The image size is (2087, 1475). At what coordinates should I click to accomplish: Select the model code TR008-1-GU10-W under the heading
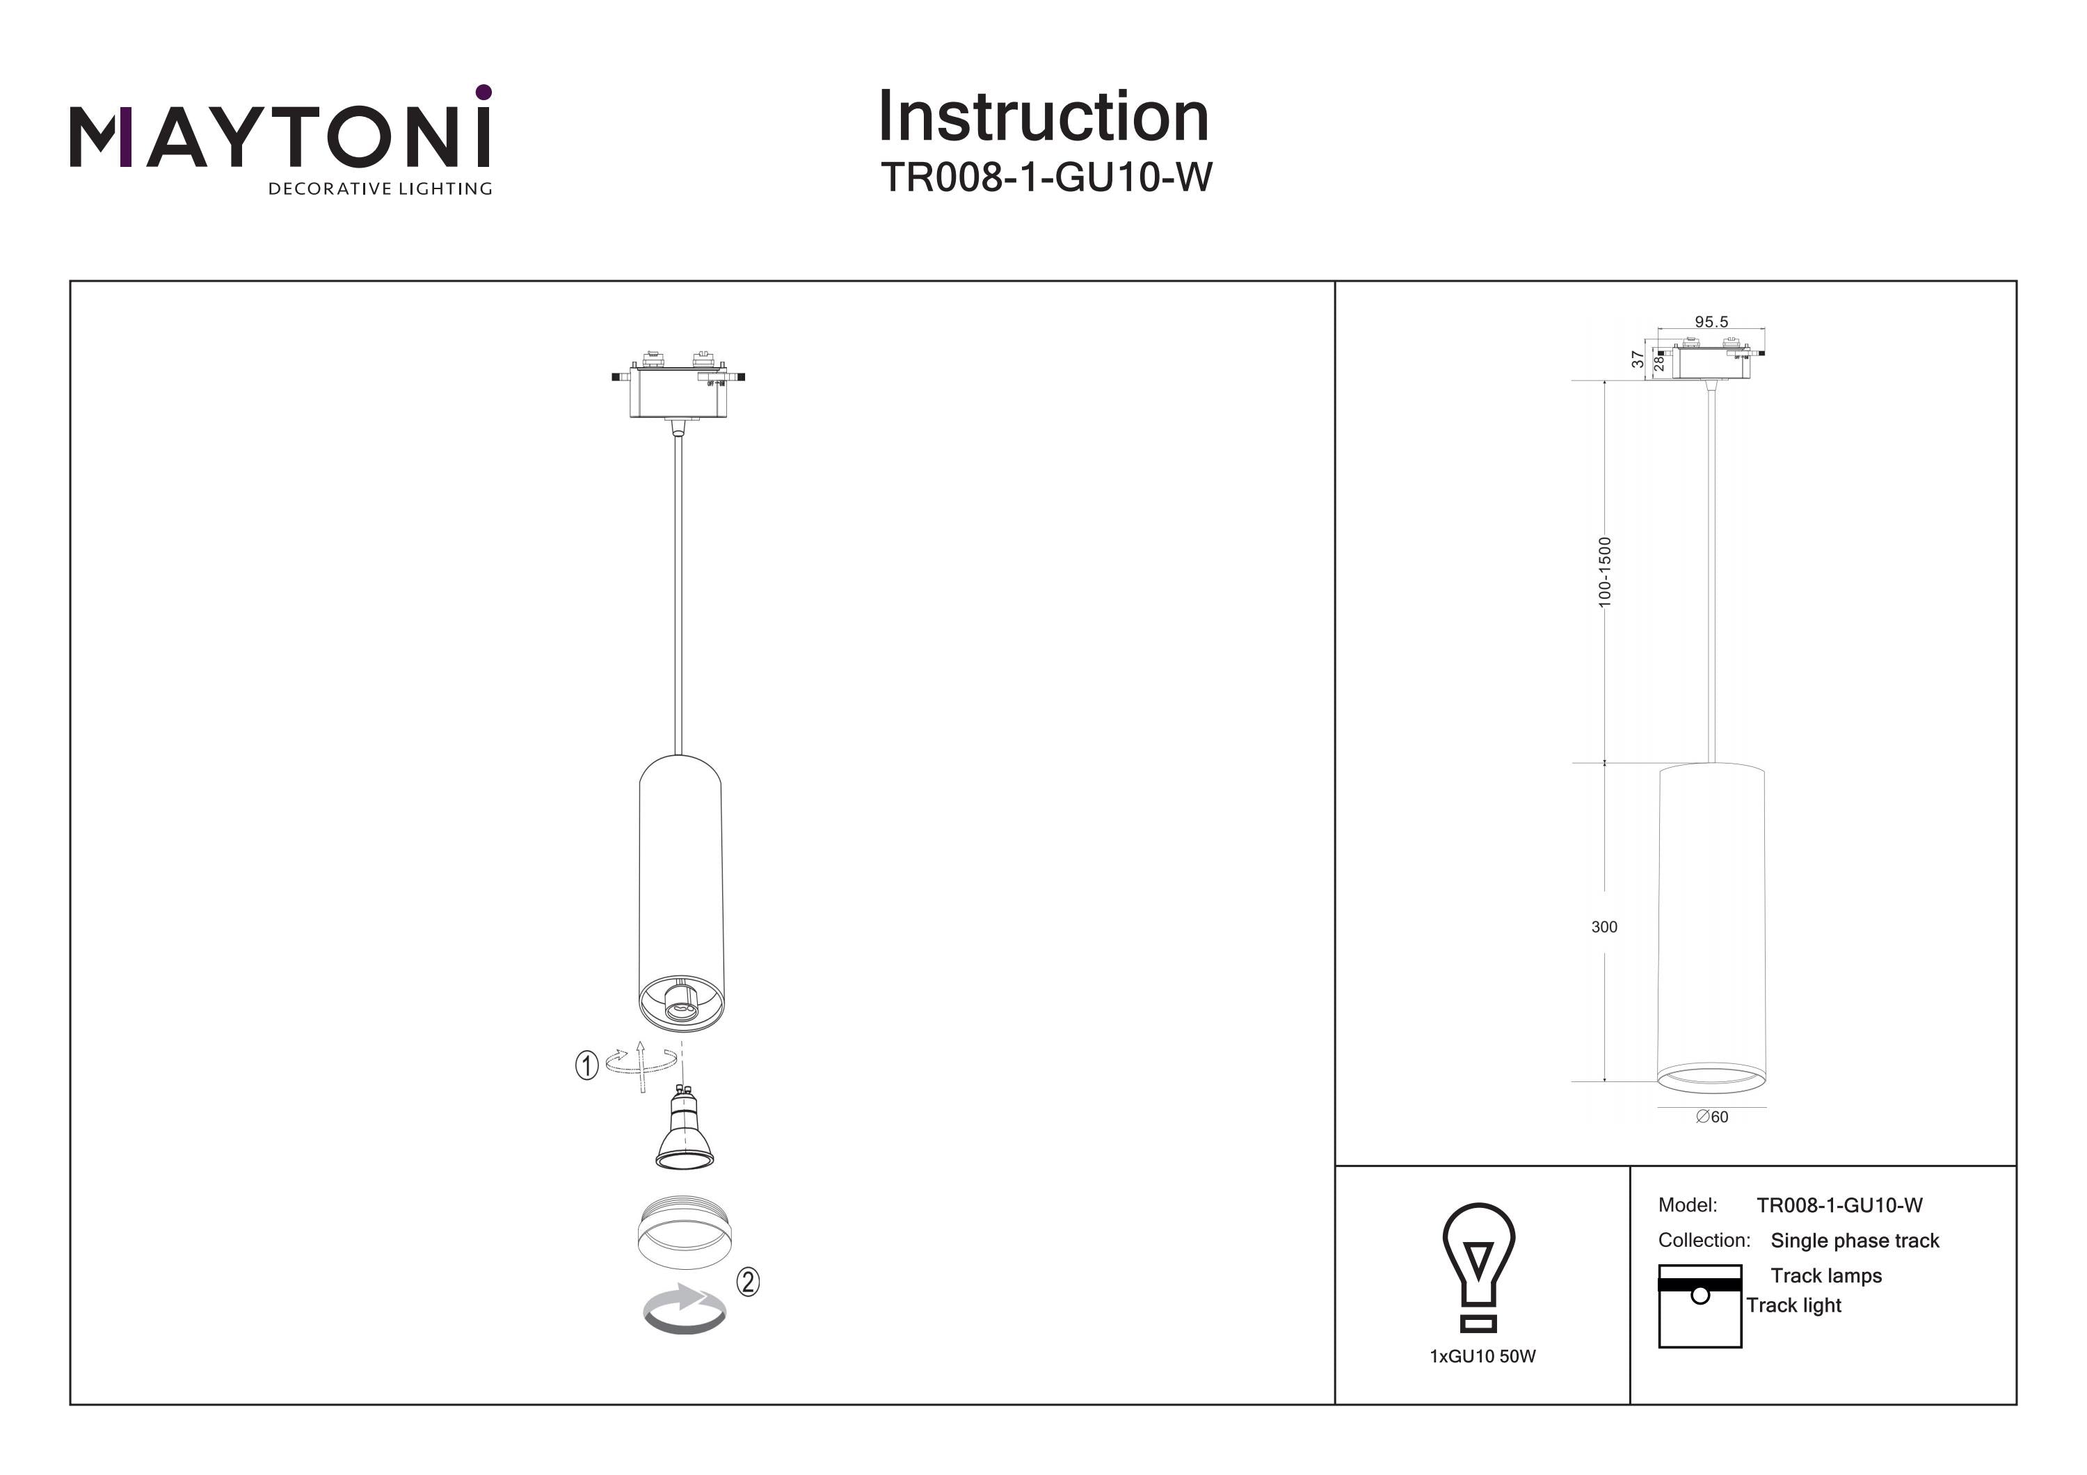pyautogui.click(x=1046, y=177)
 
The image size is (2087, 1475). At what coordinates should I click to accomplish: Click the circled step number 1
pyautogui.click(x=586, y=1065)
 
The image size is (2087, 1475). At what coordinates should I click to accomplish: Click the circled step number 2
pyautogui.click(x=747, y=1282)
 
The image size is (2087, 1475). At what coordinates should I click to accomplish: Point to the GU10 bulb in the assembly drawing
pyautogui.click(x=685, y=1129)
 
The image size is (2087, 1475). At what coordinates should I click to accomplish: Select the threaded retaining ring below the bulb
pyautogui.click(x=685, y=1232)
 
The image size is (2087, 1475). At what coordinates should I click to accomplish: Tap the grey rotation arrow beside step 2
pyautogui.click(x=685, y=1309)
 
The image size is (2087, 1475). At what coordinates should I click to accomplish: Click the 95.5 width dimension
pyautogui.click(x=1711, y=322)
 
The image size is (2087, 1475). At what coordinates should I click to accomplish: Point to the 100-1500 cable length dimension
pyautogui.click(x=1604, y=572)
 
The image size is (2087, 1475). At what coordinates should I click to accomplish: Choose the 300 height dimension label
pyautogui.click(x=1604, y=927)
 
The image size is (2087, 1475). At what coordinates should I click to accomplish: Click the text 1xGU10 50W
pyautogui.click(x=1482, y=1357)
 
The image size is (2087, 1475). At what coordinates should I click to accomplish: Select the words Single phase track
pyautogui.click(x=1855, y=1241)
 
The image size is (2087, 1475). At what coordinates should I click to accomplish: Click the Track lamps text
pyautogui.click(x=1825, y=1276)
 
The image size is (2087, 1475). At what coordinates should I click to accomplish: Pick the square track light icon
pyautogui.click(x=1700, y=1306)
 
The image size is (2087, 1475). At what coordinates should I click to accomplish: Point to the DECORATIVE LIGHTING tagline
pyautogui.click(x=380, y=189)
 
